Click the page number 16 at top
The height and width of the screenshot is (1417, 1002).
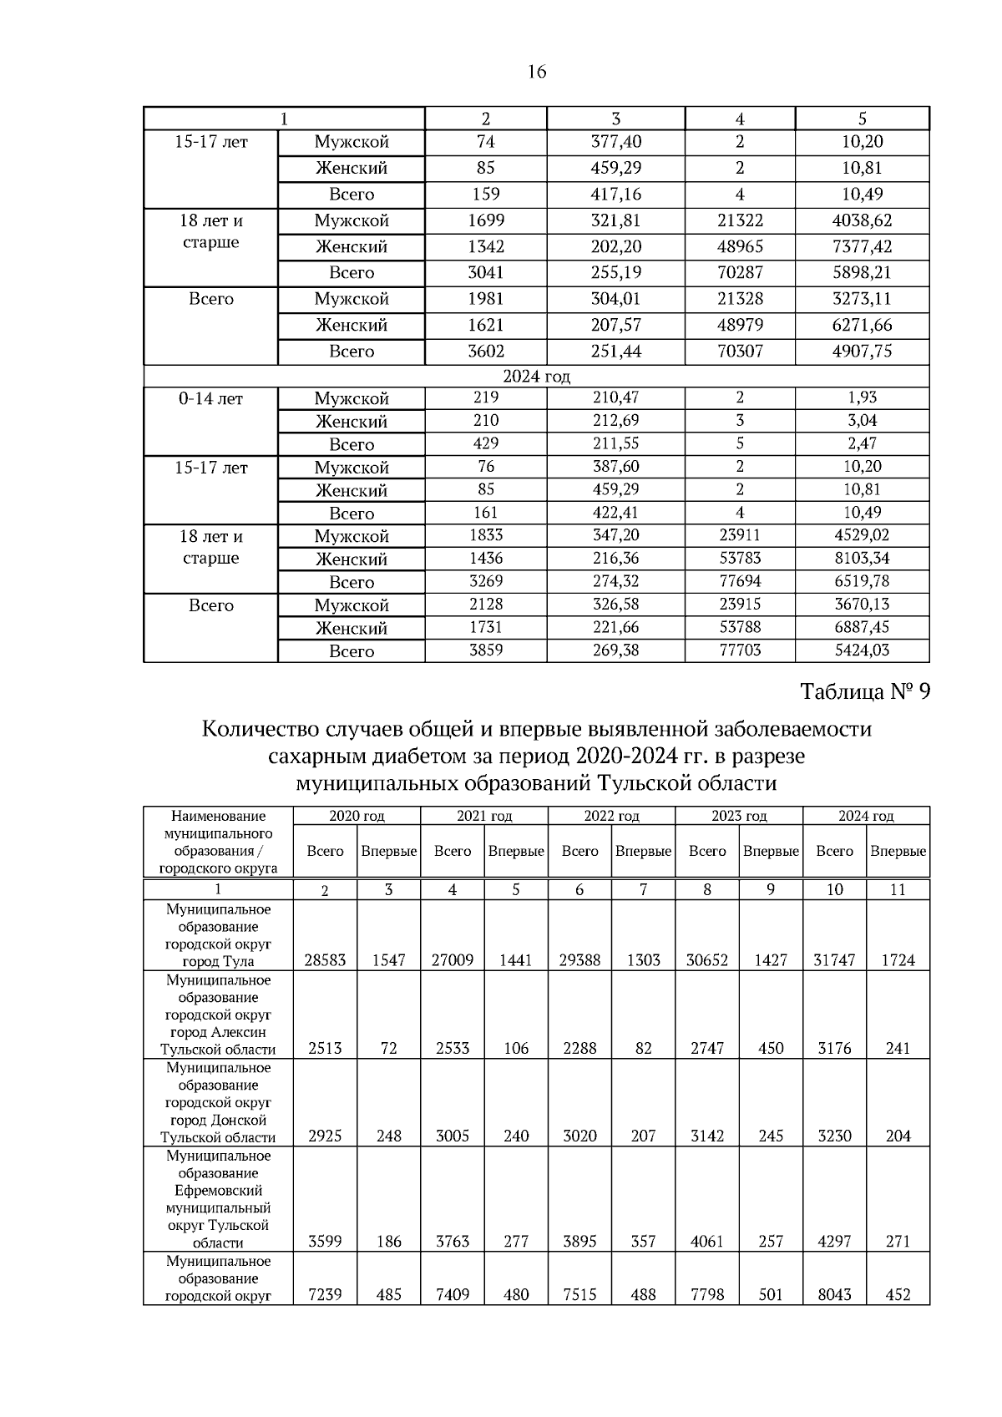[x=537, y=73]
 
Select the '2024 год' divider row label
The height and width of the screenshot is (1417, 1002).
[x=536, y=377]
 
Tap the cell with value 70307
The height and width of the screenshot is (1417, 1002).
[x=740, y=352]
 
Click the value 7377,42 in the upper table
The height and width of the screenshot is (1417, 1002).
[x=862, y=247]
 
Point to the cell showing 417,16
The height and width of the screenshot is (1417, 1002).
[x=616, y=195]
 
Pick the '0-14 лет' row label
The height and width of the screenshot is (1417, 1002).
[x=210, y=399]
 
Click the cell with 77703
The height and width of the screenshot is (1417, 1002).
[x=740, y=650]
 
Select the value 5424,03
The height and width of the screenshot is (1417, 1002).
[x=862, y=650]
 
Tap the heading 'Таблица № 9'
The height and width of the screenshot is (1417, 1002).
[x=865, y=692]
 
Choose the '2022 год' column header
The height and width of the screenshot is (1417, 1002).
[x=611, y=816]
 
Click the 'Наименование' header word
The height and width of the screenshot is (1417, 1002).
[x=218, y=816]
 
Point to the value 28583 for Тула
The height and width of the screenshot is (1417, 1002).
[x=325, y=960]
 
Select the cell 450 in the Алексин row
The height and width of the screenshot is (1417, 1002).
[x=771, y=1048]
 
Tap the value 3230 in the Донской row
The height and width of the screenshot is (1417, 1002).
[x=834, y=1136]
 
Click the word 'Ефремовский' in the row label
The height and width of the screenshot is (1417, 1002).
[x=218, y=1191]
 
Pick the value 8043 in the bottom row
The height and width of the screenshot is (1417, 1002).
[x=834, y=1294]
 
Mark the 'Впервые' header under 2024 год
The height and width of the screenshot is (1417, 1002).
[x=898, y=851]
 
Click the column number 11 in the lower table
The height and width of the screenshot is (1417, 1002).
[x=898, y=890]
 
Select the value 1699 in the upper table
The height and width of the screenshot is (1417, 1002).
[x=485, y=221]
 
